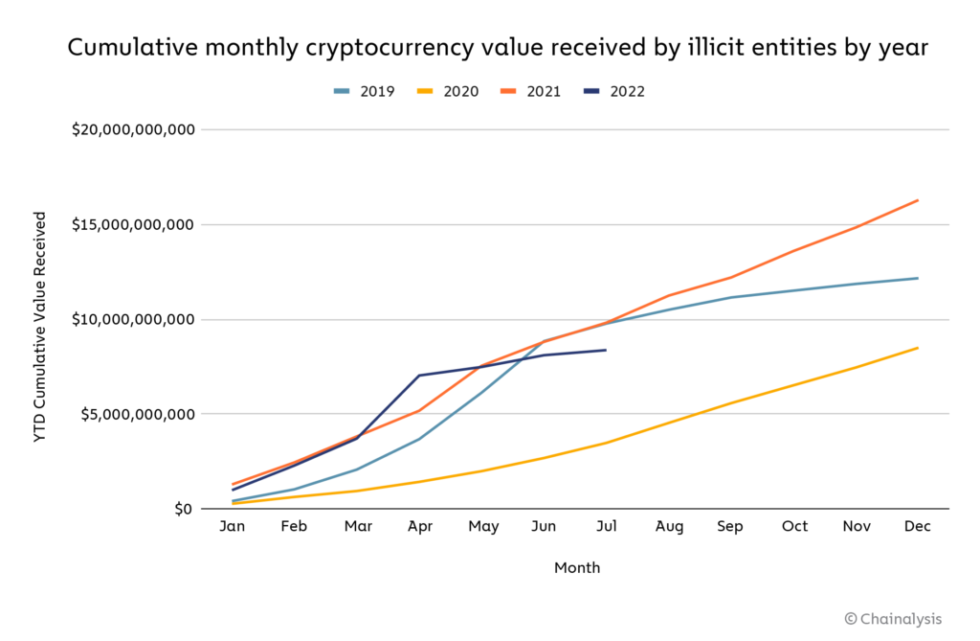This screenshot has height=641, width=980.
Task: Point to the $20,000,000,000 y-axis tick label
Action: pos(133,129)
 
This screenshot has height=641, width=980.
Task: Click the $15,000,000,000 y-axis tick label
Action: pos(133,224)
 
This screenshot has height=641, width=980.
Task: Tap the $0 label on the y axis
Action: pos(182,509)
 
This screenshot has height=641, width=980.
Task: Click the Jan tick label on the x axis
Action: pos(233,526)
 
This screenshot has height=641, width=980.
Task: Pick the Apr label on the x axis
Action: pos(419,526)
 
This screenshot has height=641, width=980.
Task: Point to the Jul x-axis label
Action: pos(606,526)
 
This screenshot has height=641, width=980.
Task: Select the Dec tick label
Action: pos(918,526)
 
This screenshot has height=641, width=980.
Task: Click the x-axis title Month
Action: pos(577,568)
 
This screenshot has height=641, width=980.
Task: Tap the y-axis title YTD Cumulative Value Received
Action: pos(40,326)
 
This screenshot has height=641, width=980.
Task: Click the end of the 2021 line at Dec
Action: pos(918,200)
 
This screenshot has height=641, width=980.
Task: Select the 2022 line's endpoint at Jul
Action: pos(606,350)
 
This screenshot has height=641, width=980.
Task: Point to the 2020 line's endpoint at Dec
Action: pos(918,348)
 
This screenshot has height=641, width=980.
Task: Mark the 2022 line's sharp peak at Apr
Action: pos(419,376)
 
